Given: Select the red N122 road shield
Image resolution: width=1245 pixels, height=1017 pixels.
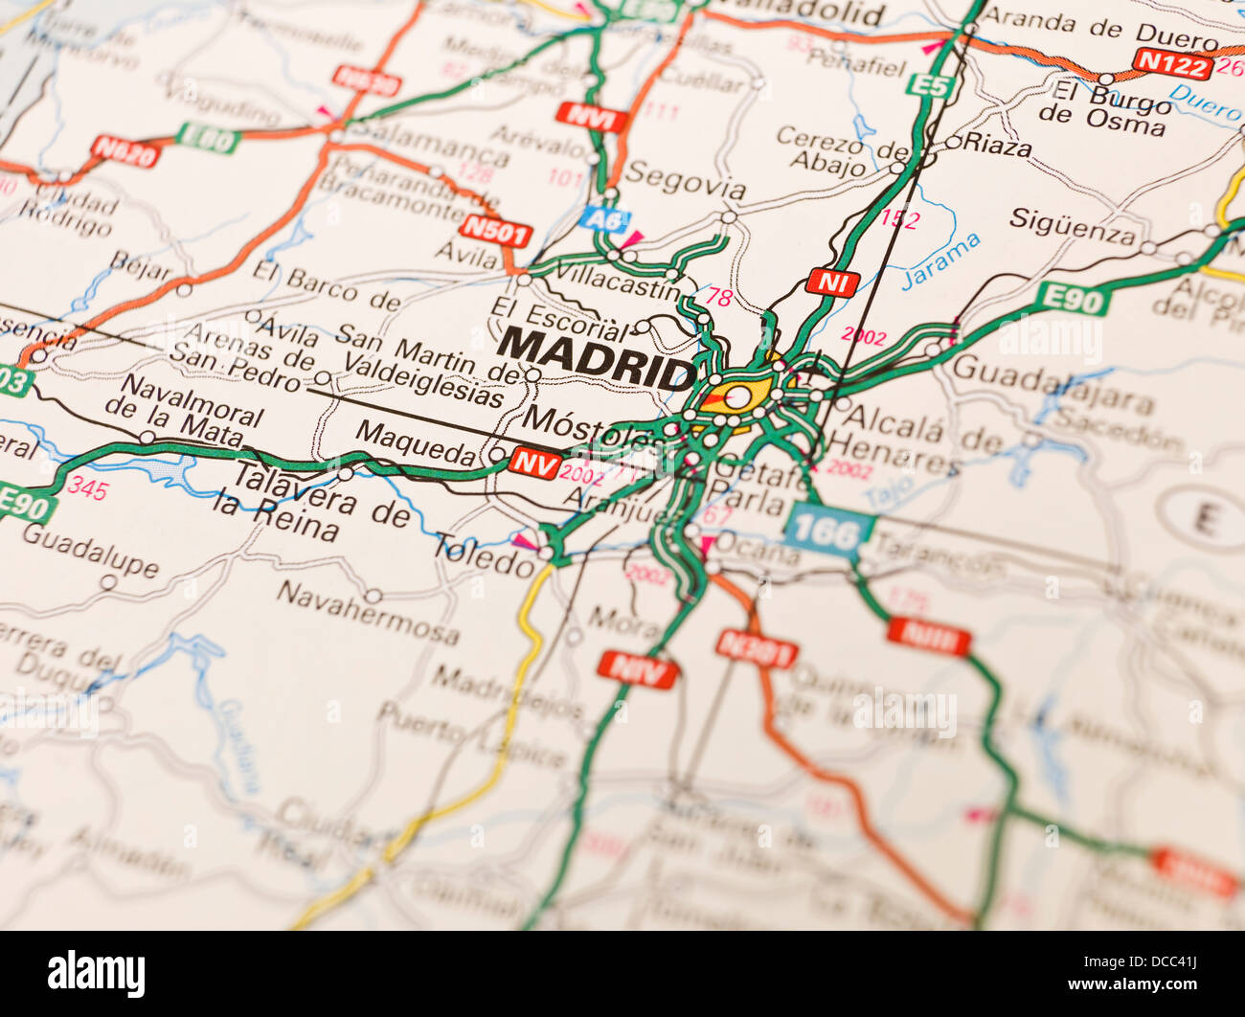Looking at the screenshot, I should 1171,63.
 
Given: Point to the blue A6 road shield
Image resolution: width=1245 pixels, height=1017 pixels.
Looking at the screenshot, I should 604,218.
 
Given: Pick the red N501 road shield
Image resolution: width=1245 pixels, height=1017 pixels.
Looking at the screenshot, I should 495,231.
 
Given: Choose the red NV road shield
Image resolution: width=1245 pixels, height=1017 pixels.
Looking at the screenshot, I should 534,463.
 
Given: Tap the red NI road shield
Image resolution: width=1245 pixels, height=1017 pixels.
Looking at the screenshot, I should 831,282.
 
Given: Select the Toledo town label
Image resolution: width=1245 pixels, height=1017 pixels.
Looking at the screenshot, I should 484,555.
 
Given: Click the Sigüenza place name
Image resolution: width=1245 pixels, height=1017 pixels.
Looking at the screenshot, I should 1072,226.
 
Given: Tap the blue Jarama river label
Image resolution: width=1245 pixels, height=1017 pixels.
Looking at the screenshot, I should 941,260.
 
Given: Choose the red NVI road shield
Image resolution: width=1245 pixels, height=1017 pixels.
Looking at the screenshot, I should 591,118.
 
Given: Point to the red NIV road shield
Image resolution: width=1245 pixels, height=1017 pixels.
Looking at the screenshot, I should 637,668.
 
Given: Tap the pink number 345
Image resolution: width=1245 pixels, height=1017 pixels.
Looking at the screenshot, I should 87,490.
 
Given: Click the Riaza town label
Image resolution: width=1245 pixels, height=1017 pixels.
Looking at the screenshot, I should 997,146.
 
